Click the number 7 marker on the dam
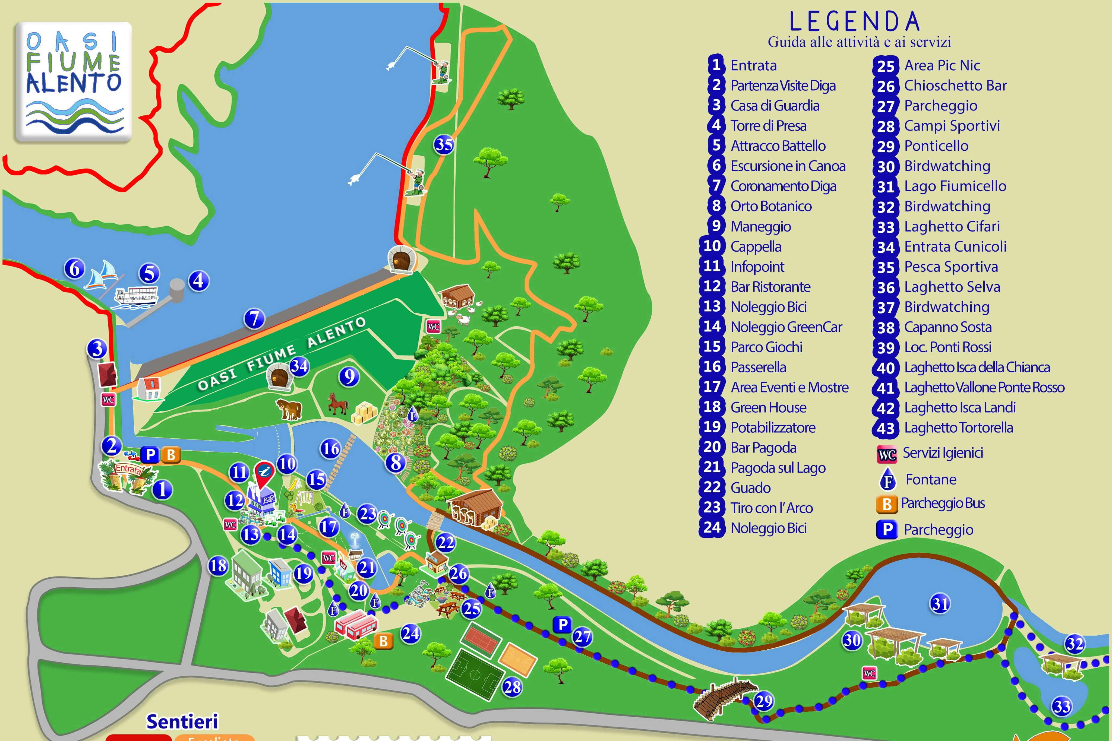pos(254,318)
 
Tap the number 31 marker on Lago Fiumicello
pos(940,603)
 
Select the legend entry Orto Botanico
pos(771,206)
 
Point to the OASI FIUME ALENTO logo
pos(73,81)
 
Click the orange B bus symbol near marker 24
pos(383,641)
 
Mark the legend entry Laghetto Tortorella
pos(958,428)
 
